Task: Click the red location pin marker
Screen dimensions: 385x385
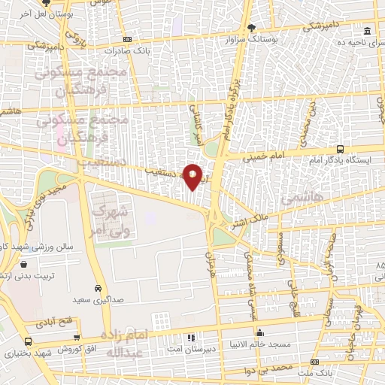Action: (193, 177)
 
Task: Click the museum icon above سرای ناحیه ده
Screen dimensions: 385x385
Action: (367, 31)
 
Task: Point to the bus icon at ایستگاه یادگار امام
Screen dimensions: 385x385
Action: (340, 149)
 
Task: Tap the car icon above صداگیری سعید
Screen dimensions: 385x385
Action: (99, 288)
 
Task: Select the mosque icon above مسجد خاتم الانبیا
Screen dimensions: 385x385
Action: (258, 329)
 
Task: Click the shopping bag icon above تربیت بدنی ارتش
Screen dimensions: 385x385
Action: (24, 265)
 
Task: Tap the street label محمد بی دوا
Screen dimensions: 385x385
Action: (271, 368)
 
